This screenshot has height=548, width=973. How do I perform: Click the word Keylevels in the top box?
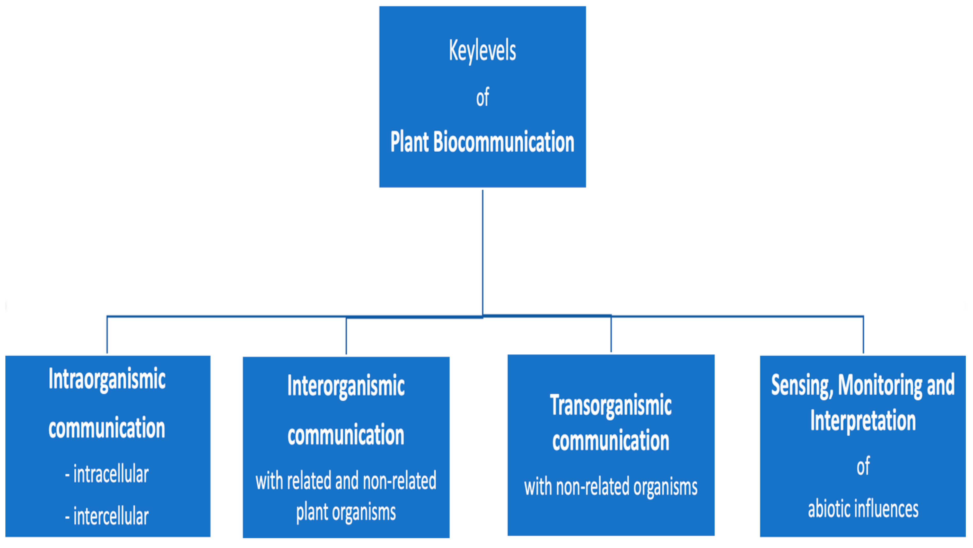click(482, 51)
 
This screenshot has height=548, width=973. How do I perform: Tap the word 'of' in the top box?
click(482, 98)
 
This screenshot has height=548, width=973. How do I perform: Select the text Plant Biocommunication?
click(482, 142)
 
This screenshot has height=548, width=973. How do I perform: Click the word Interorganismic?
click(346, 386)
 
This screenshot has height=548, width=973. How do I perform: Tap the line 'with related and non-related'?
click(346, 481)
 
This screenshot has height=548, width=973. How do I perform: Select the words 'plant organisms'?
click(346, 512)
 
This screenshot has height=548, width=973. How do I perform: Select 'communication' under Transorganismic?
click(610, 441)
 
